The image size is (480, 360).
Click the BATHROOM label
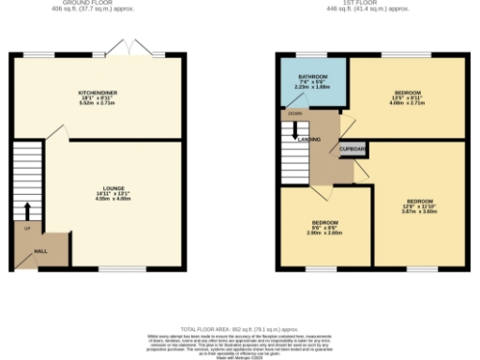tap(312, 75)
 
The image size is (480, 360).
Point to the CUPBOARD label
tap(352, 149)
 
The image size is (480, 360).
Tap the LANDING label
tap(310, 139)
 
